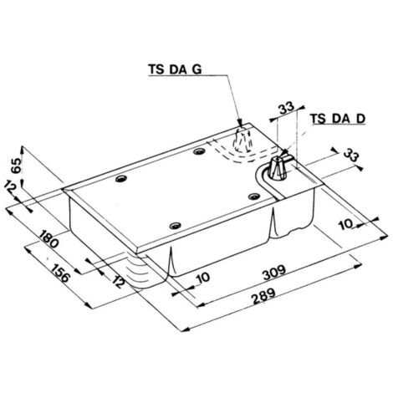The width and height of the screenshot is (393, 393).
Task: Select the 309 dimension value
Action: (269, 273)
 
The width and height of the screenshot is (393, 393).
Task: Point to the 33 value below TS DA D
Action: (351, 156)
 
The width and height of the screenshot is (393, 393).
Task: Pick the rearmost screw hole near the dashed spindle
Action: (197, 151)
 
